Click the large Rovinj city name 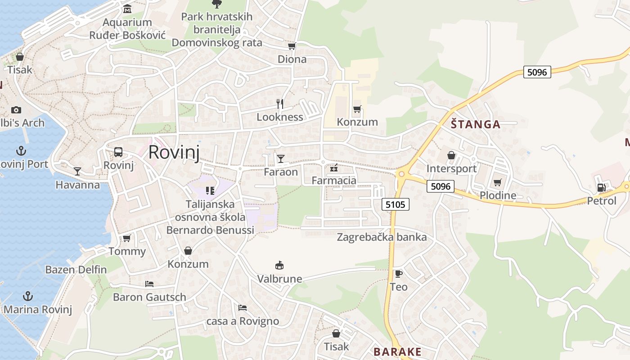tap(174, 152)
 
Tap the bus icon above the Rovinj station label tap(118, 152)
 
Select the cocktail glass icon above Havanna tap(77, 171)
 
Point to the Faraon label tap(281, 172)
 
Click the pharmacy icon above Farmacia tap(334, 168)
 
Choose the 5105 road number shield tap(396, 205)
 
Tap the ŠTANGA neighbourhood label tap(476, 125)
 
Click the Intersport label tap(451, 169)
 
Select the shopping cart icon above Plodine tap(497, 182)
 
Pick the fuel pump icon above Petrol tap(601, 188)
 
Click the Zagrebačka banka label tap(382, 237)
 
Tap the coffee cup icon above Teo tap(398, 274)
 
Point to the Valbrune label tap(279, 279)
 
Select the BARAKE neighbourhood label tap(398, 352)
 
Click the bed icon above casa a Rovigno tap(243, 308)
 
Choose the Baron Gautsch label tap(149, 297)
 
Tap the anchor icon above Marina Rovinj tap(28, 296)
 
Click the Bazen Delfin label tap(76, 270)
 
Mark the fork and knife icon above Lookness tap(280, 104)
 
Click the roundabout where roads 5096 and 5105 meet tap(401, 174)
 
